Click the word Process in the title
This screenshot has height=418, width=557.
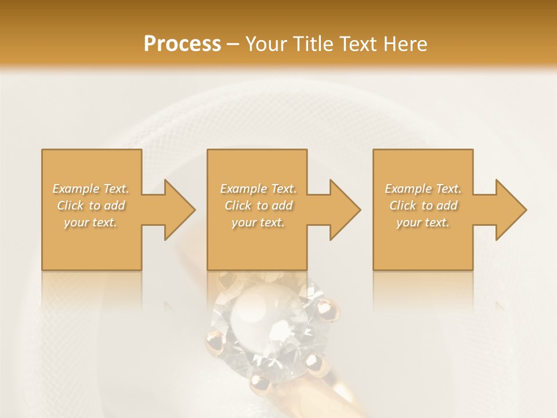pos(182,44)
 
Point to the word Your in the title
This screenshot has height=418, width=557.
pos(265,44)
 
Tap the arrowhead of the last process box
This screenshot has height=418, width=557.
pos(510,210)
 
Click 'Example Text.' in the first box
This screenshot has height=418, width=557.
pos(91,189)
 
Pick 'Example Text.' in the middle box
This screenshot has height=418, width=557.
pos(258,189)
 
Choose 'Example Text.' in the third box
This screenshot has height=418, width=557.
pos(423,189)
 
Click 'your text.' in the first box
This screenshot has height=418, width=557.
pos(91,222)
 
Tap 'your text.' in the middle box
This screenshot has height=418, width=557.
pos(258,222)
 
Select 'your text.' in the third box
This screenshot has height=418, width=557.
pos(423,222)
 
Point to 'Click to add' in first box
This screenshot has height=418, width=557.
pos(91,206)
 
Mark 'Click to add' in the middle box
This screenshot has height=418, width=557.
pos(258,206)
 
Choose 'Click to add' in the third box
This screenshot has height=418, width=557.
pos(423,206)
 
